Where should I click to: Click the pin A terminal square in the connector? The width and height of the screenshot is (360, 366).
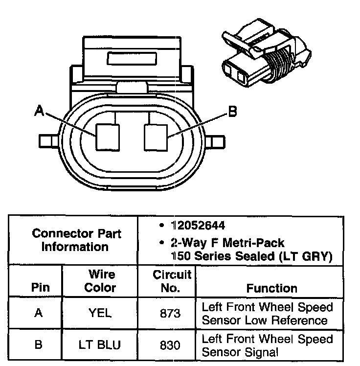[x=108, y=137]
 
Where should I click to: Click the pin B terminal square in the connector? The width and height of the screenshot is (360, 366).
[x=156, y=137]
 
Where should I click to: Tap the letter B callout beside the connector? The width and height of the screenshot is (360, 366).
[x=232, y=112]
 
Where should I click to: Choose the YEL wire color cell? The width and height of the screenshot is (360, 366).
[x=100, y=313]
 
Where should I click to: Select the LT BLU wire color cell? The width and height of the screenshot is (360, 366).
[x=100, y=344]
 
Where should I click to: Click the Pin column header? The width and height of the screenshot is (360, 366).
[x=40, y=288]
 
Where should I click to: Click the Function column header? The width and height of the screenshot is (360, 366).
[x=271, y=288]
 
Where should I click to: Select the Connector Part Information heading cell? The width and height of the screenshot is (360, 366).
[x=76, y=240]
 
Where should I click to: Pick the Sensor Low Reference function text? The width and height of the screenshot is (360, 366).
[x=265, y=320]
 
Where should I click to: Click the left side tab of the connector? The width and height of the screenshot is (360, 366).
[x=48, y=141]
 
